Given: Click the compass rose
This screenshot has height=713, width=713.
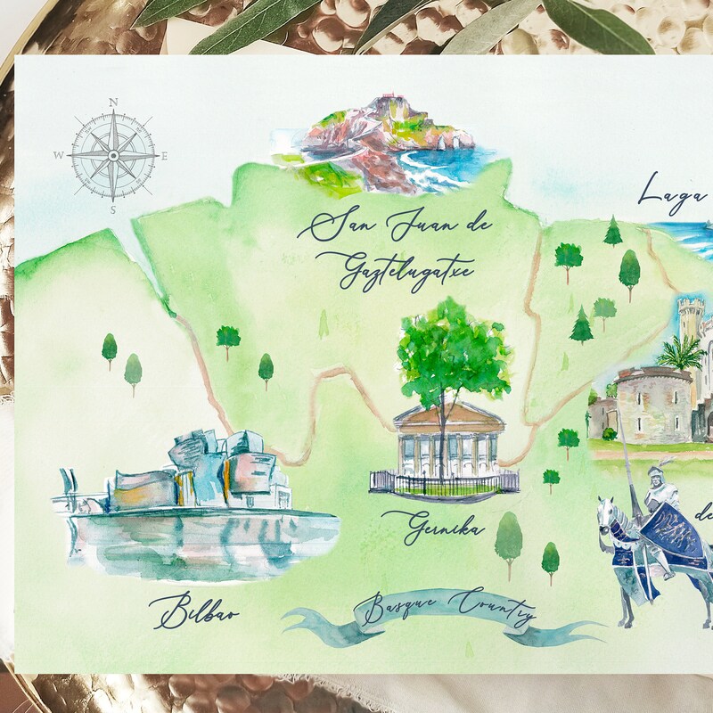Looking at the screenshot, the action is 113,155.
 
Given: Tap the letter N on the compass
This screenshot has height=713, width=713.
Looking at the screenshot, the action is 113,102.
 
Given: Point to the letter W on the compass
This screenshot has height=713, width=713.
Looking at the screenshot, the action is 58,155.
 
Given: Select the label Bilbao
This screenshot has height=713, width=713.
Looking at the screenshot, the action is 194,612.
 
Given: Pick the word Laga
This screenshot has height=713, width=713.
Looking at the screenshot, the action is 673,193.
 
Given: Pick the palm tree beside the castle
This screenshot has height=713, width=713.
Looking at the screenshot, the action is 681,354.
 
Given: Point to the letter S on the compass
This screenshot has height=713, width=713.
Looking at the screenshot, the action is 113,210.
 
